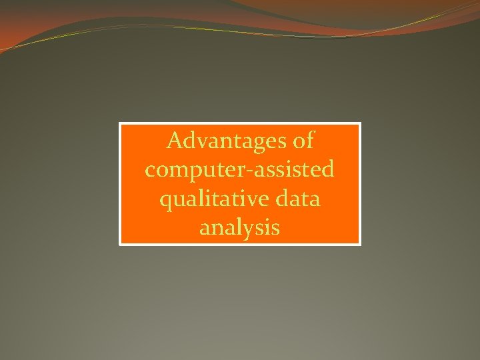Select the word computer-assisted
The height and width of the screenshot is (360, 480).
point(239,171)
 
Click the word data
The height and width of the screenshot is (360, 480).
point(297,199)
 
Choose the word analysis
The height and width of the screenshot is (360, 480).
point(239,229)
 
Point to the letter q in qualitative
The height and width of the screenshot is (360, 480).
point(165,201)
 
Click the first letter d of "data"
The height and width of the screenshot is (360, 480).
point(280,199)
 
